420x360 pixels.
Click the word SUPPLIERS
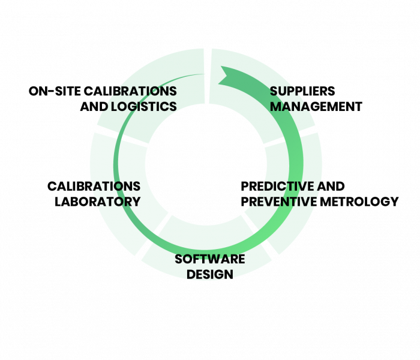pyautogui.click(x=301, y=91)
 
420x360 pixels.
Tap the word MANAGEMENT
pyautogui.click(x=316, y=106)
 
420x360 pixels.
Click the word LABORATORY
pyautogui.click(x=97, y=201)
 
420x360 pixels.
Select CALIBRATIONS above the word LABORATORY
pyautogui.click(x=94, y=186)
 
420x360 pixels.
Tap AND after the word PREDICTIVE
pyautogui.click(x=328, y=186)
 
